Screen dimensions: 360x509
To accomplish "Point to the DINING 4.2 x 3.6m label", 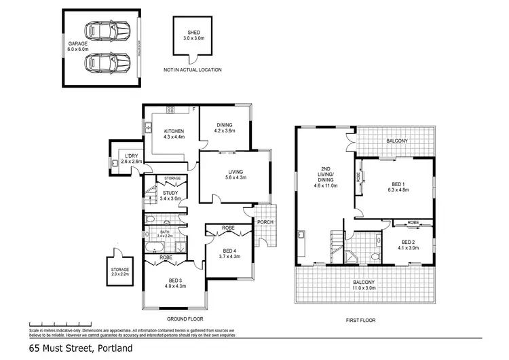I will (x=225, y=128).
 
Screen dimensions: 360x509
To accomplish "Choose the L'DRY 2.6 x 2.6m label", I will (x=130, y=158).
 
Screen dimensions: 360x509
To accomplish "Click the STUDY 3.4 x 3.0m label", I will (x=171, y=196).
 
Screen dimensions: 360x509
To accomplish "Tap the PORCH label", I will (x=264, y=221).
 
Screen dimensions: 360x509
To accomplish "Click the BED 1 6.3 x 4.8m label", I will (x=394, y=187).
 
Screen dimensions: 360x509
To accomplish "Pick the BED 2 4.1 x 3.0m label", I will (x=407, y=246).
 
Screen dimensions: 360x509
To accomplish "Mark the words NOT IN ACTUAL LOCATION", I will (x=192, y=70).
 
